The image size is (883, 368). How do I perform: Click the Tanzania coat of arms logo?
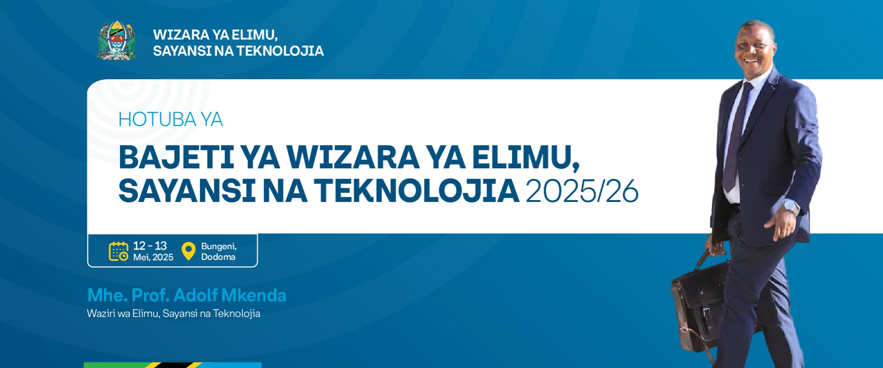click(x=117, y=40)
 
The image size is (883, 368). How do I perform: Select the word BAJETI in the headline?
click(x=177, y=157)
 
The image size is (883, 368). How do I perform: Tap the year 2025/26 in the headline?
click(x=582, y=191)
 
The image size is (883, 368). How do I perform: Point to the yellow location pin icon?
click(x=189, y=251)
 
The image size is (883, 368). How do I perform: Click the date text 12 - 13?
click(x=150, y=246)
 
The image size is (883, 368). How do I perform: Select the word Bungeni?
click(x=219, y=247)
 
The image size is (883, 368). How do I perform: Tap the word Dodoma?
click(x=218, y=257)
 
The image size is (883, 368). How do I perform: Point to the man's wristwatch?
click(x=791, y=207)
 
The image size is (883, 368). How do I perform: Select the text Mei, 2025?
click(x=153, y=258)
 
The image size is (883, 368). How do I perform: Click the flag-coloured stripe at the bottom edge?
click(x=172, y=365)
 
